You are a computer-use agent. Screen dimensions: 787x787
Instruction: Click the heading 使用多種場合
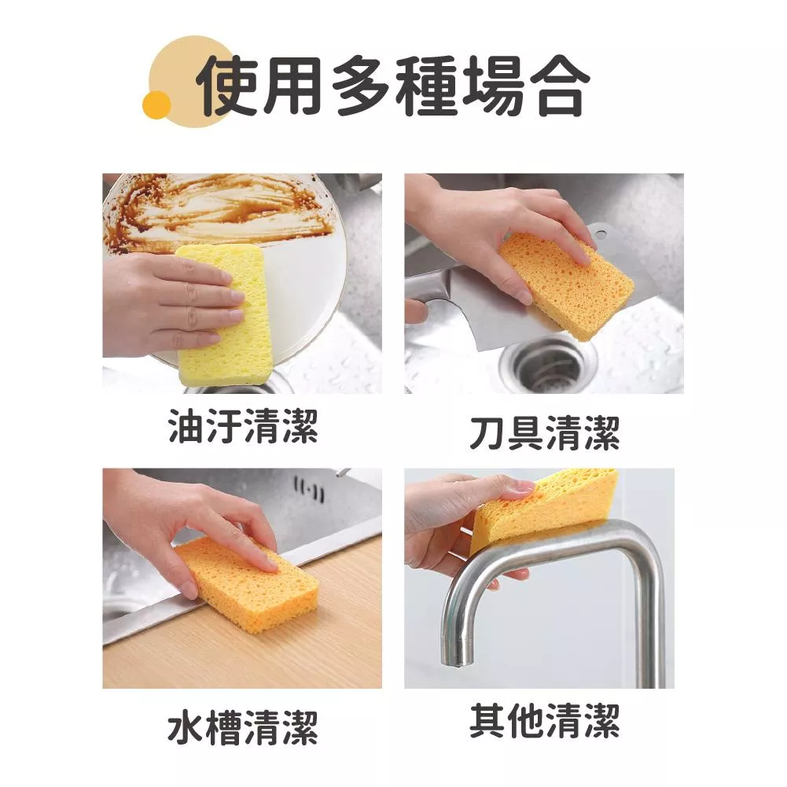point(393,86)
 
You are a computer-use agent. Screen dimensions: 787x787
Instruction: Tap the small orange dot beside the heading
point(156,105)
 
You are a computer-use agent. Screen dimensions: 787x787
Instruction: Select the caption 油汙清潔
point(243,426)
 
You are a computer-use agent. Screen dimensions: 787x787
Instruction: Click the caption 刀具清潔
point(545,432)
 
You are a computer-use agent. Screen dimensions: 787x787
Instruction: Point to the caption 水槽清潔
point(243,727)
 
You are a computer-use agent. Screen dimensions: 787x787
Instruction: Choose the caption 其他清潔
point(545,721)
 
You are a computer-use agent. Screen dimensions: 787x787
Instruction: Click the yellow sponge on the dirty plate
point(223,315)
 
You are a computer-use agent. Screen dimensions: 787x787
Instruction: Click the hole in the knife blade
point(601,234)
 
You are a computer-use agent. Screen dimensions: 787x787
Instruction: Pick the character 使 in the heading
point(228,86)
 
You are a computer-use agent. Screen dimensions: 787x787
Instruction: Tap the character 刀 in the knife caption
point(487,432)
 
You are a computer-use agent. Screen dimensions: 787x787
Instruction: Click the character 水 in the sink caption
point(186,727)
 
